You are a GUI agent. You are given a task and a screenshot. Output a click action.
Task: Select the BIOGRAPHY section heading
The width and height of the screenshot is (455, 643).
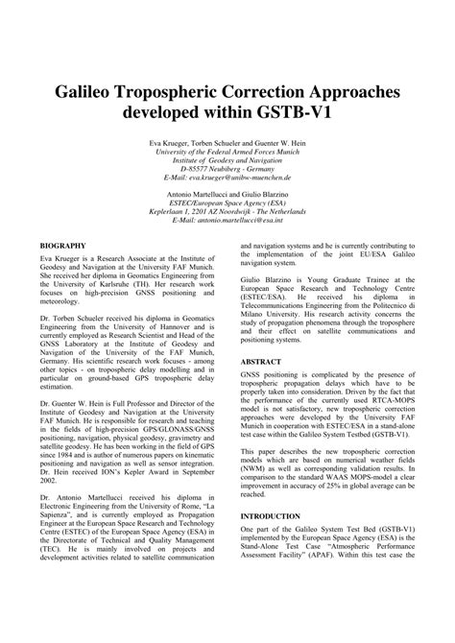point(57,247)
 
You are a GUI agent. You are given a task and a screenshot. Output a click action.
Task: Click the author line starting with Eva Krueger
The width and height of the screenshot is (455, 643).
point(227,143)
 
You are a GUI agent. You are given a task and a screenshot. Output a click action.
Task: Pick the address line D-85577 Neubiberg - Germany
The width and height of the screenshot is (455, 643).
point(227,169)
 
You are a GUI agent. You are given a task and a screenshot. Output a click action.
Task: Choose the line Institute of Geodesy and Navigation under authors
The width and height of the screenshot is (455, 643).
point(227,160)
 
